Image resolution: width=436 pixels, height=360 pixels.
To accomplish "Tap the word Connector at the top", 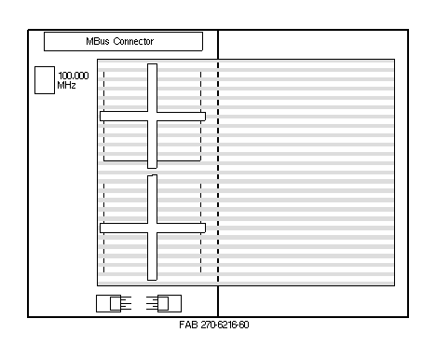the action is pyautogui.click(x=133, y=41).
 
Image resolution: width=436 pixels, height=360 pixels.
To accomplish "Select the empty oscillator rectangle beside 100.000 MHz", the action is pyautogui.click(x=45, y=80).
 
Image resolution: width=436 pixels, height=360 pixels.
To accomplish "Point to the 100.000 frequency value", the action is pyautogui.click(x=74, y=76).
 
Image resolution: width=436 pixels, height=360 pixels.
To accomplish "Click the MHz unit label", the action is pyautogui.click(x=66, y=85).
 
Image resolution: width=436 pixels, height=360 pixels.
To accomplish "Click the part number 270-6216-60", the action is pyautogui.click(x=225, y=325).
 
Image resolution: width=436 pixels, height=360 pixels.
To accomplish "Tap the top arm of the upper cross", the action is pyautogui.click(x=152, y=88).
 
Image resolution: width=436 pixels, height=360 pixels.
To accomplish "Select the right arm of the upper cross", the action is pyautogui.click(x=182, y=117).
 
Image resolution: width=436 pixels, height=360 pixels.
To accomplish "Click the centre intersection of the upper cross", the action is pyautogui.click(x=152, y=117).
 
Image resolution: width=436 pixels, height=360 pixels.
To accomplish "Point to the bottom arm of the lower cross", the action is pyautogui.click(x=152, y=256).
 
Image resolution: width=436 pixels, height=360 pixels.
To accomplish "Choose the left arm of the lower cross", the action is pyautogui.click(x=124, y=228).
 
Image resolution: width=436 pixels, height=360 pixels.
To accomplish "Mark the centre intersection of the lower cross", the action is pyautogui.click(x=152, y=228).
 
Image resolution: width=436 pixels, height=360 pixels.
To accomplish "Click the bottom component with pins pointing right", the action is pyautogui.click(x=114, y=303).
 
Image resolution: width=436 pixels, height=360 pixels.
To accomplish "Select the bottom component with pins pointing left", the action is pyautogui.click(x=164, y=303).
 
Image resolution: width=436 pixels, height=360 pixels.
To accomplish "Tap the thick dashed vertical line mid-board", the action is pyautogui.click(x=218, y=172).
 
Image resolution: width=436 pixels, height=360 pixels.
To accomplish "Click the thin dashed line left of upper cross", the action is pyautogui.click(x=103, y=116).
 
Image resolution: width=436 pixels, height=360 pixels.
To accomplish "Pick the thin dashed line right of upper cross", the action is pyautogui.click(x=201, y=116).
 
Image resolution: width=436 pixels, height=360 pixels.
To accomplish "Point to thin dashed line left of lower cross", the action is pyautogui.click(x=103, y=228).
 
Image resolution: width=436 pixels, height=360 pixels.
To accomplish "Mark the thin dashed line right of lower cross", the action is pyautogui.click(x=201, y=228).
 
